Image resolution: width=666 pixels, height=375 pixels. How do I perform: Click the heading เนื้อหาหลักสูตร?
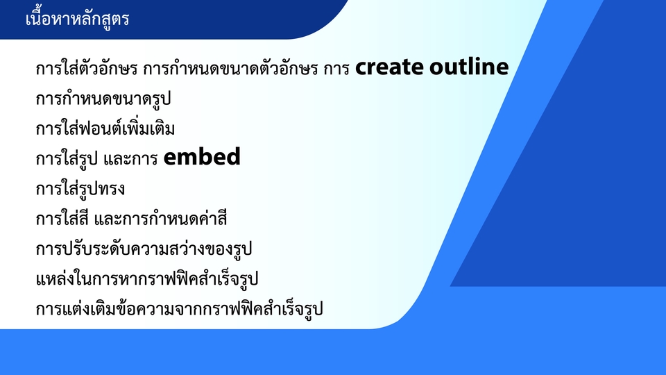coord(77,19)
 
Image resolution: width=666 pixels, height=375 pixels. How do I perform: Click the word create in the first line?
coord(389,67)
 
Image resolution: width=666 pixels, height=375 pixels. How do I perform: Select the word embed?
coord(202,158)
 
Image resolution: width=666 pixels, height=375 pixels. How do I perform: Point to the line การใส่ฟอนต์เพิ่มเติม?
coord(105,129)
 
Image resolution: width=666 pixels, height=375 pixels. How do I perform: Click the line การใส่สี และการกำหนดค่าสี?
coord(131,219)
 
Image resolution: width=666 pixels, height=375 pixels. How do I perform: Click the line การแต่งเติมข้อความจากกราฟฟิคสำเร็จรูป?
coord(179,309)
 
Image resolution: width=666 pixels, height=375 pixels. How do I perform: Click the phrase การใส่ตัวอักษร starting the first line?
coord(86,70)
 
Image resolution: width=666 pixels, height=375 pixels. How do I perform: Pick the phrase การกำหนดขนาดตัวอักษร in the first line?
coord(230,70)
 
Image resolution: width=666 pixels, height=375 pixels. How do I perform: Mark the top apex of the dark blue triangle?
coord(604,2)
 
